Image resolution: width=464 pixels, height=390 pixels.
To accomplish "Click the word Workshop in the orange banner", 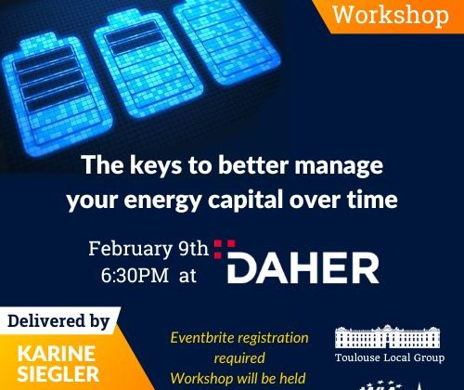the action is (x=391, y=15).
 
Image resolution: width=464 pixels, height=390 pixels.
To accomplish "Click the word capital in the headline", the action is (x=246, y=200).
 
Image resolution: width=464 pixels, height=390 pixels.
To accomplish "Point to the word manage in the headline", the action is (x=339, y=166).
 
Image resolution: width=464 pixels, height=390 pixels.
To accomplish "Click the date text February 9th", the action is (x=148, y=249).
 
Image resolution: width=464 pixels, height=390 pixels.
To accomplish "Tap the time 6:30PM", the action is (x=135, y=275).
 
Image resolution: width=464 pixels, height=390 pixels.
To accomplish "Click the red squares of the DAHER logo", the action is (x=225, y=249).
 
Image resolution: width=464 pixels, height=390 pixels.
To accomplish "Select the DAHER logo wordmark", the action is (x=303, y=267).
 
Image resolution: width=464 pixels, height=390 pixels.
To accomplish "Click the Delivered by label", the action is (x=58, y=321).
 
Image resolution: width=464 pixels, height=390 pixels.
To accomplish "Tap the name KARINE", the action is (x=57, y=354).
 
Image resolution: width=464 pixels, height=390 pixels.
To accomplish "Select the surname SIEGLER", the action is (x=58, y=374).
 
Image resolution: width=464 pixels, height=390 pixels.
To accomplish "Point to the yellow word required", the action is (x=239, y=358).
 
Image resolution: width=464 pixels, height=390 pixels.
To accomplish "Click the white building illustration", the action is (x=388, y=336).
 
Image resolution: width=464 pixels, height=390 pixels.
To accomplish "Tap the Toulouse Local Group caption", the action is (x=390, y=357).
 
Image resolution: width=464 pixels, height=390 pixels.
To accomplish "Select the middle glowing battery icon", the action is (x=148, y=63).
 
